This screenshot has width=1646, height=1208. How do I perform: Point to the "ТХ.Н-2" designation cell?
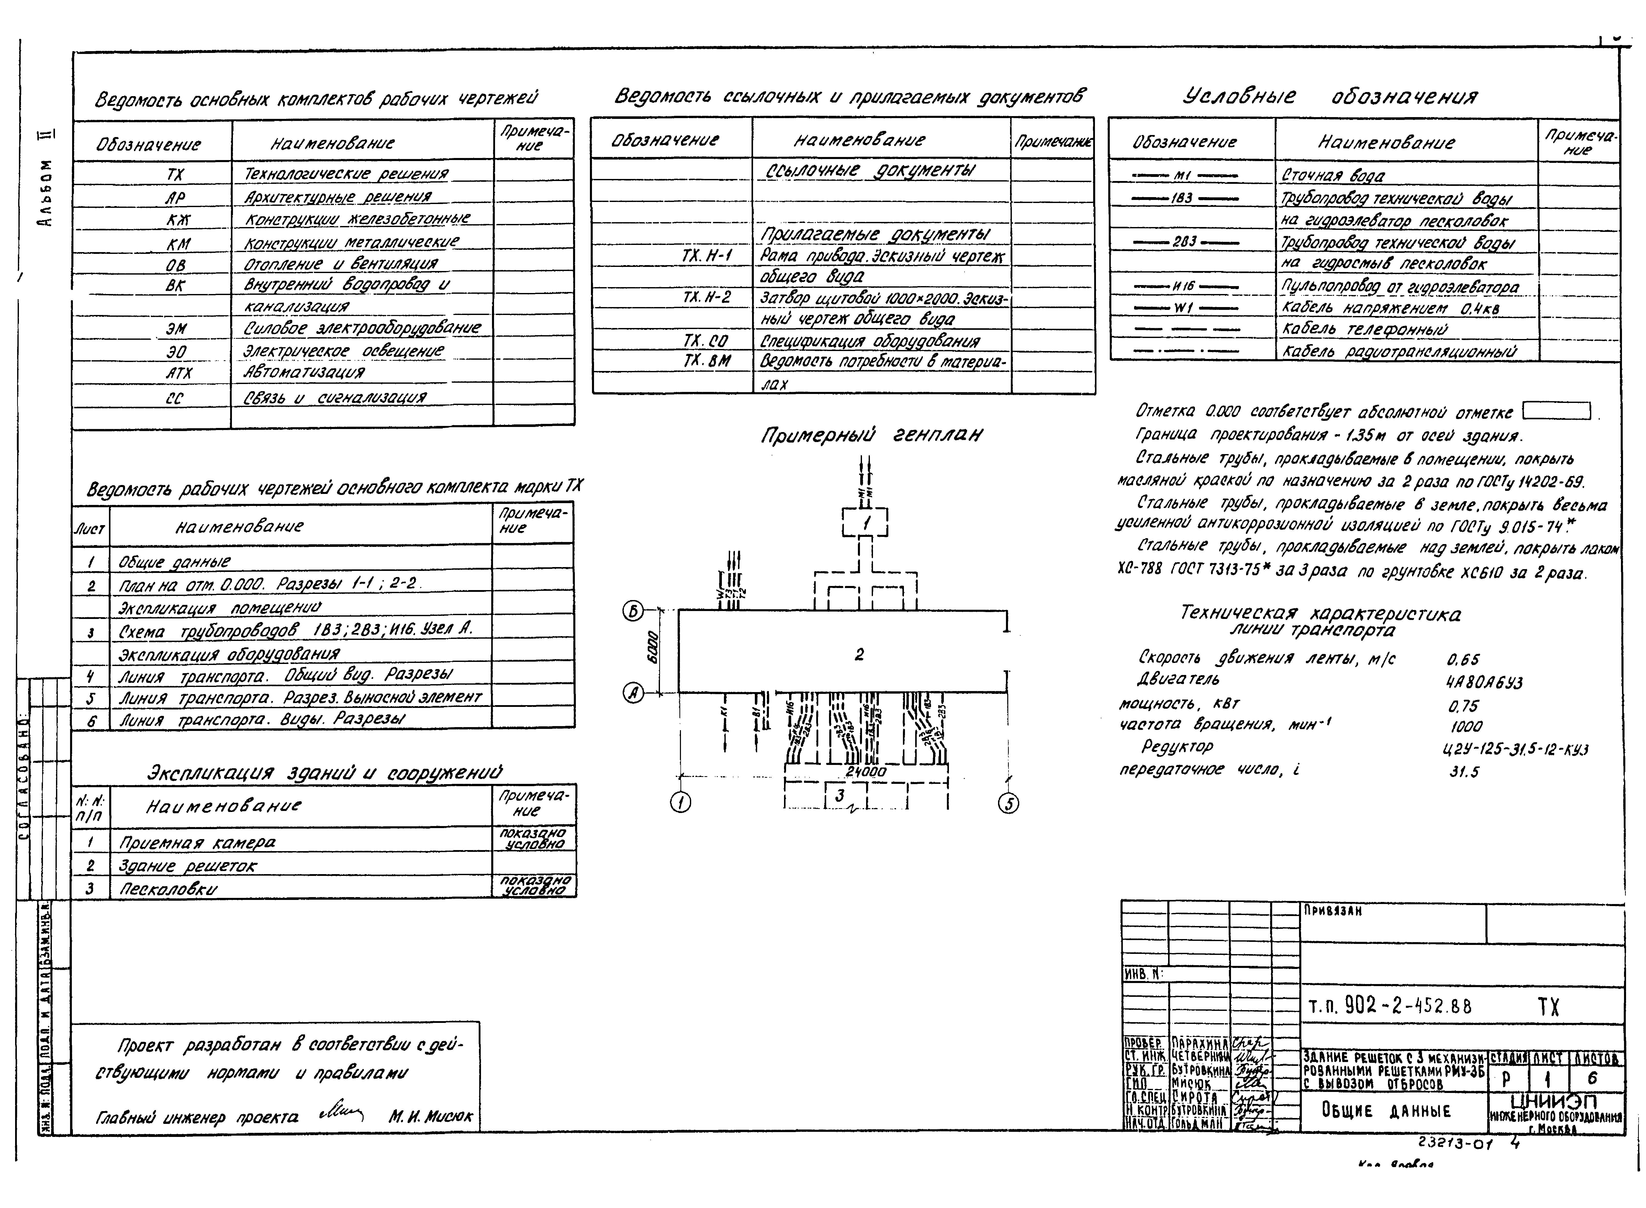(706, 297)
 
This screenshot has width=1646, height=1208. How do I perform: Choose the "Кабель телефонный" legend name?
(1364, 329)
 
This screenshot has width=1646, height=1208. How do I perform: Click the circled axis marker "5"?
(1008, 804)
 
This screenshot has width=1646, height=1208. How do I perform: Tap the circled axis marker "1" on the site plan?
(681, 803)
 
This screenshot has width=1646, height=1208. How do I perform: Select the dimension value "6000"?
(653, 647)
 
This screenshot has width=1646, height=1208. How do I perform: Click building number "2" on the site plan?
(859, 654)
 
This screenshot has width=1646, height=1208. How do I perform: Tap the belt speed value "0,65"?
(1462, 660)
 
